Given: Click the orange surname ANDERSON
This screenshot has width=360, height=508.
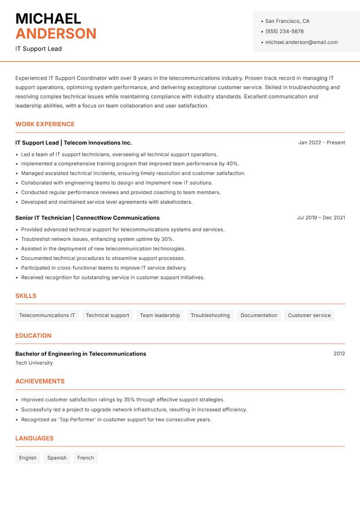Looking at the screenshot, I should tap(56, 34).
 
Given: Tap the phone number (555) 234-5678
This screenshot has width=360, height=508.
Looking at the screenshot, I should tap(284, 31).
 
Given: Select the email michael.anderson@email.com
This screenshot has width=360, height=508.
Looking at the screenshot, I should tap(301, 42).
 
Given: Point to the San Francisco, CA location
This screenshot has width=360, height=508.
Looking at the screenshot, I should tap(287, 21).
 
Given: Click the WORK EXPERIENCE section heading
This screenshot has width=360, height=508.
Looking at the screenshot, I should tap(45, 124).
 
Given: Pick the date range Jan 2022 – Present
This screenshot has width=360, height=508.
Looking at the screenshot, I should tap(321, 143).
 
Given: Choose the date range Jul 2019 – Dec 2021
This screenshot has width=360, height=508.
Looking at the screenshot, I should tap(321, 218).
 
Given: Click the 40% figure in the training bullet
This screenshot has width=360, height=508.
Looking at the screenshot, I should tap(233, 164).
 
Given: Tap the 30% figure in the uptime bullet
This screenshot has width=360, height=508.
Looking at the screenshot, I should tap(167, 239).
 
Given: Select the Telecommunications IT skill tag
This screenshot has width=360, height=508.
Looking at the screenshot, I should tap(47, 315).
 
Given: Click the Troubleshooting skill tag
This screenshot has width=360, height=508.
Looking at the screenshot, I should tap(210, 315).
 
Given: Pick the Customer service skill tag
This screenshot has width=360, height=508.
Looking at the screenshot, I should tap(309, 315).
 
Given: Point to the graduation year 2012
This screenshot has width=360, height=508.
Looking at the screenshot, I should tap(339, 354).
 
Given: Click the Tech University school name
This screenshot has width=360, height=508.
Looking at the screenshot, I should tap(34, 363).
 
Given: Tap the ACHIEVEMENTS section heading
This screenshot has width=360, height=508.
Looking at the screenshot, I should tap(40, 381).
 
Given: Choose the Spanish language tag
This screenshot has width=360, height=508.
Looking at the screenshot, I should tap(57, 458).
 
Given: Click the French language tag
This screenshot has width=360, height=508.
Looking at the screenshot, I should tap(85, 458).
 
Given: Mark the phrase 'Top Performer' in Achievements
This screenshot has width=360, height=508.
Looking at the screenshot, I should tap(78, 419).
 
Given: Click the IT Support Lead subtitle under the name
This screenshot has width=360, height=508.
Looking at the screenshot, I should tap(39, 49).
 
